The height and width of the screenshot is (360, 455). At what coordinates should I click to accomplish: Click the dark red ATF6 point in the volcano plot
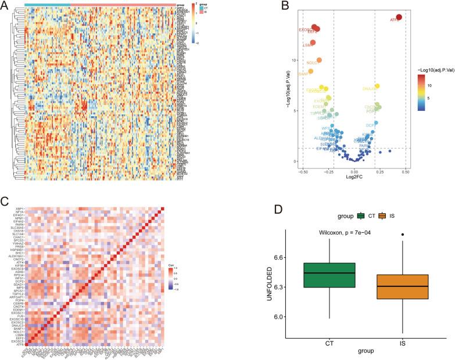(x=399, y=17)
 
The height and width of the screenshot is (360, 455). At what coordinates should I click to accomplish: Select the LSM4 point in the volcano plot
(x=313, y=43)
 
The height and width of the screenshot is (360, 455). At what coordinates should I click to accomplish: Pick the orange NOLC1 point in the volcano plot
(x=319, y=60)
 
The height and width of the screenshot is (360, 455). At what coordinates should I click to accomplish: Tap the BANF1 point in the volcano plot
(x=310, y=71)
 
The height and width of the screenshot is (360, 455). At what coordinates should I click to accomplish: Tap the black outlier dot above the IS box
(x=401, y=235)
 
